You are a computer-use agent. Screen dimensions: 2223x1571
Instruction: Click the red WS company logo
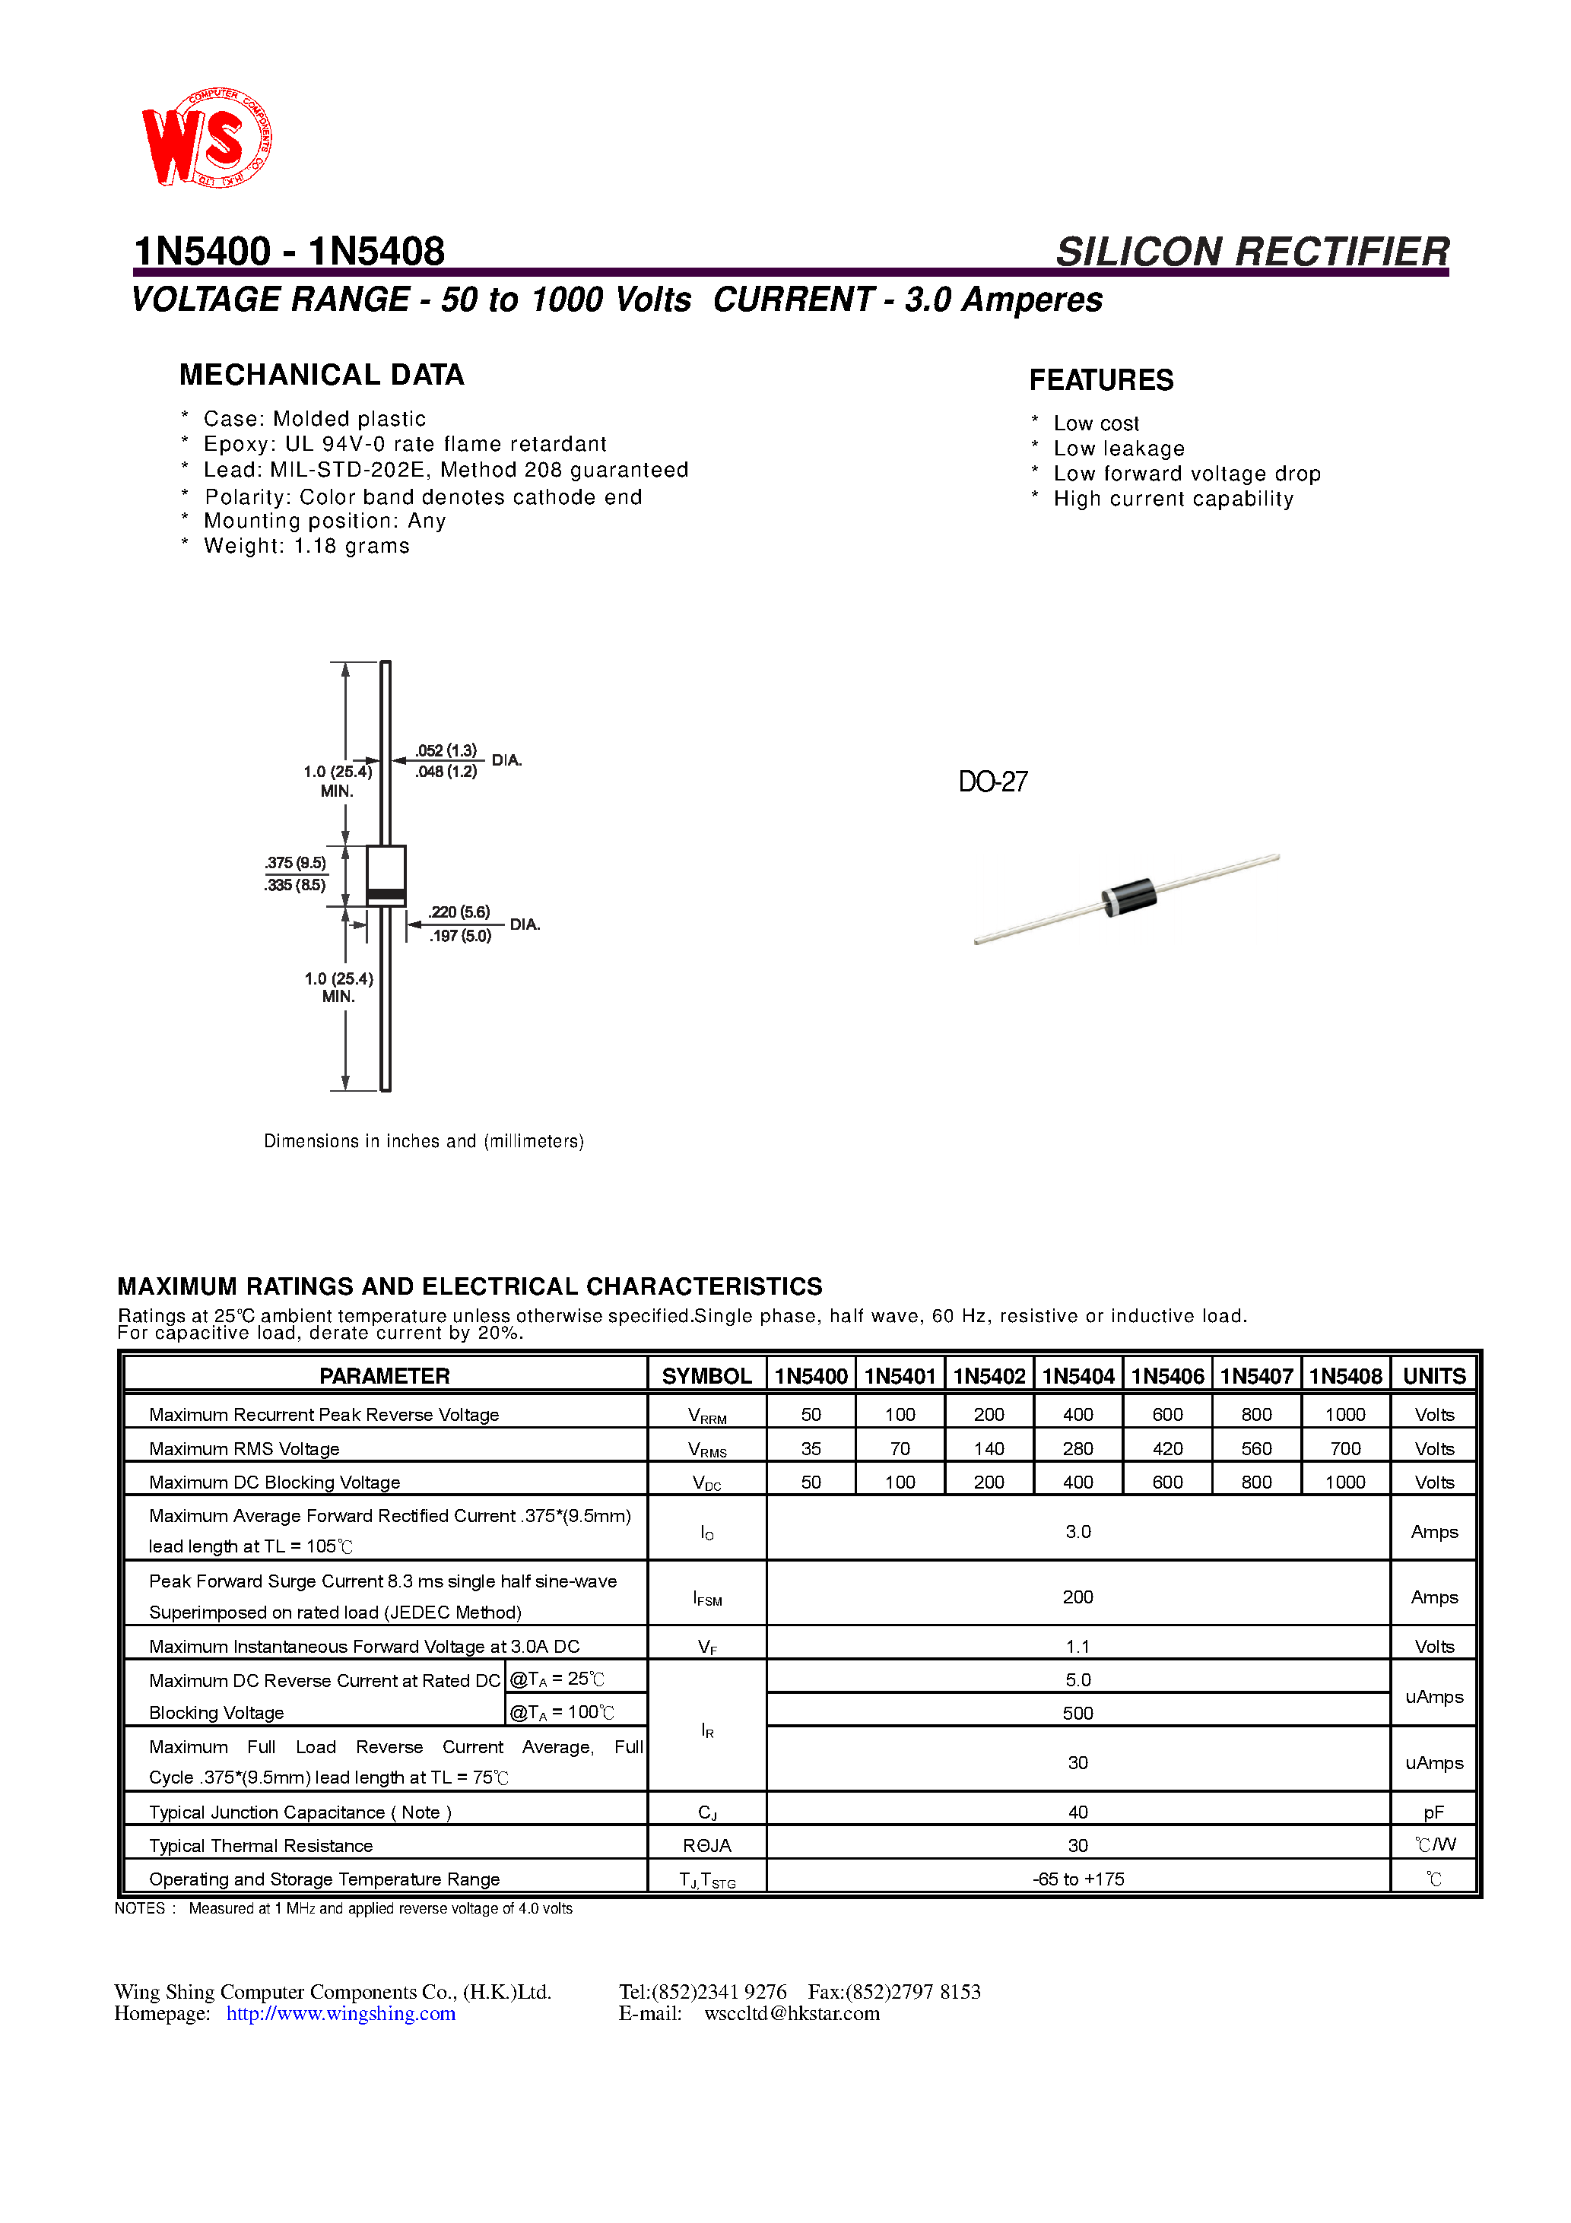[x=205, y=138]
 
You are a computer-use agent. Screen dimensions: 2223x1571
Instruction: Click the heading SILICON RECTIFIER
[x=1252, y=252]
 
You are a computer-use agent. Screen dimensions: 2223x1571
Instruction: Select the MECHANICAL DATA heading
[x=322, y=375]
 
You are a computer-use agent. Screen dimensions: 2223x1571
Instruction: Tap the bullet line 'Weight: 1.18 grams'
[x=306, y=546]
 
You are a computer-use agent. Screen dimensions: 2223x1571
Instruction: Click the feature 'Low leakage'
[x=1118, y=449]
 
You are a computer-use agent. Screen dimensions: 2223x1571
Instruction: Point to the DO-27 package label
[x=993, y=782]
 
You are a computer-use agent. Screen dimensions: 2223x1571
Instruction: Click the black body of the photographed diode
[x=1130, y=896]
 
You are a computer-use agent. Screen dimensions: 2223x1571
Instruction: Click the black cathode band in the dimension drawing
[x=386, y=893]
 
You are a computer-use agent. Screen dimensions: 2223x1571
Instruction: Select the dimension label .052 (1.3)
[x=446, y=750]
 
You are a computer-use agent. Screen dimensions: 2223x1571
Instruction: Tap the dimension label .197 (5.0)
[x=461, y=936]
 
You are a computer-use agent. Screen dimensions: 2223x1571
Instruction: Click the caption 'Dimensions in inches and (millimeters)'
[x=424, y=1141]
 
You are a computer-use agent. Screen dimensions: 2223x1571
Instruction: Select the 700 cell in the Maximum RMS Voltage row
[x=1344, y=1448]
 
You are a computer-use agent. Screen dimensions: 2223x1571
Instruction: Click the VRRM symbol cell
[x=707, y=1416]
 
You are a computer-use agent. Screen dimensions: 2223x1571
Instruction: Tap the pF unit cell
[x=1433, y=1812]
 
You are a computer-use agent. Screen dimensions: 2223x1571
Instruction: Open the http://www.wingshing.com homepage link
[x=341, y=2014]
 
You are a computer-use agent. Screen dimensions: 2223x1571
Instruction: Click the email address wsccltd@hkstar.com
[x=792, y=2014]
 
